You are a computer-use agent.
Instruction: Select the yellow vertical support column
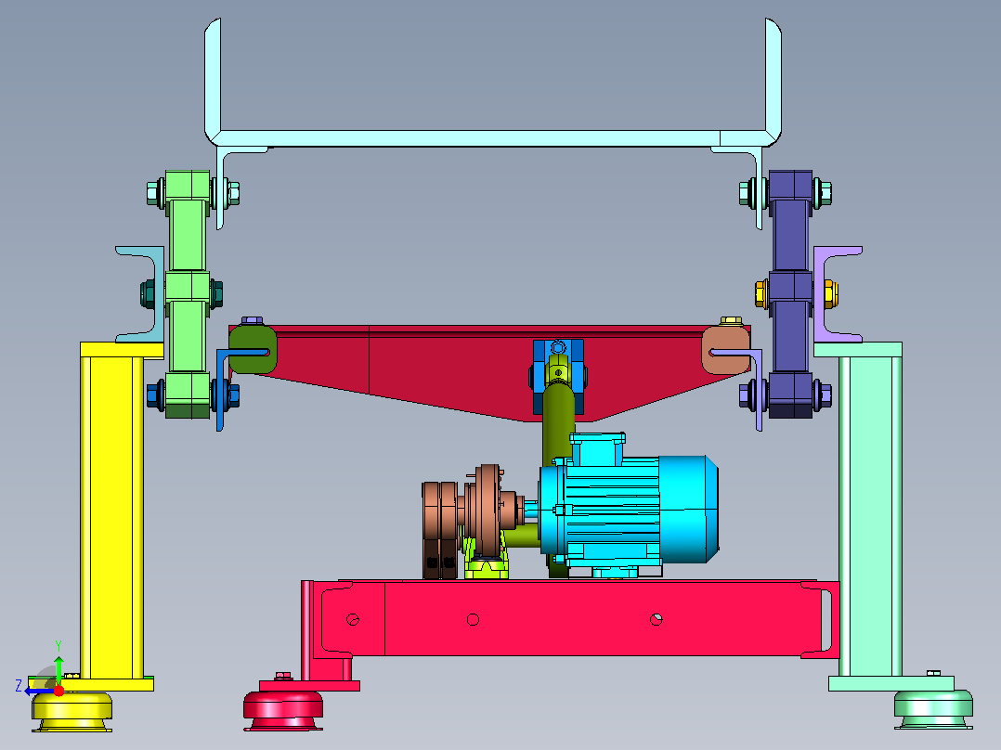111,511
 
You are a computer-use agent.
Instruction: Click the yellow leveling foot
72,711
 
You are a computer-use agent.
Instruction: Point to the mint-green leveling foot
933,709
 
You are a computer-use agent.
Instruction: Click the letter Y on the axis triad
58,645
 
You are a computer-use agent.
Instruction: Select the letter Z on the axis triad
19,686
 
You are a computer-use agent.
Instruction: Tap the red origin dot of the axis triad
58,691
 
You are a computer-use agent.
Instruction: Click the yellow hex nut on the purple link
761,293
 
